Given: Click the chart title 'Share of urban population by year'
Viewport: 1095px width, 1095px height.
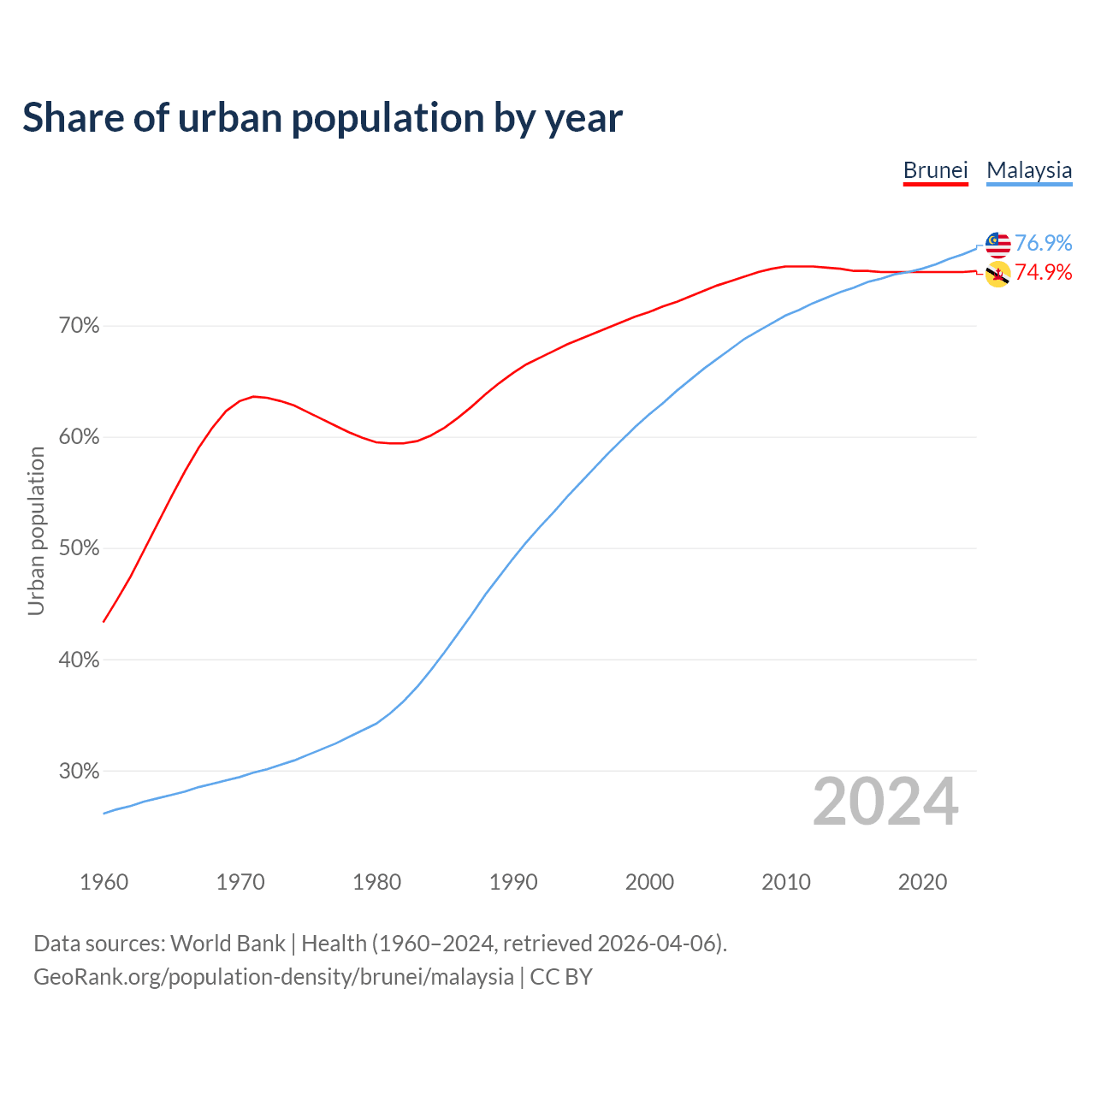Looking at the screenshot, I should click(x=323, y=118).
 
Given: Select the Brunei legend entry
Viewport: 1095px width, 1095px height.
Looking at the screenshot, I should click(x=935, y=170).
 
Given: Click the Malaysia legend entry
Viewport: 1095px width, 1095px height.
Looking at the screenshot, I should click(x=1029, y=170).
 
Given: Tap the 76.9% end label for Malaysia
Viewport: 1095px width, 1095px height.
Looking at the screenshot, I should click(x=1043, y=243).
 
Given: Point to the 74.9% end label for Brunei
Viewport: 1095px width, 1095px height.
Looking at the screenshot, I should click(x=1043, y=272).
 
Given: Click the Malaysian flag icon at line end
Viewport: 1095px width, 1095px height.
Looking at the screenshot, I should click(x=997, y=244).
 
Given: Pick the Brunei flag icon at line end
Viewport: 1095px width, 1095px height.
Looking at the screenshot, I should click(x=997, y=275).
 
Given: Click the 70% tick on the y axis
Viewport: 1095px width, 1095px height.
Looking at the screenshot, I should click(x=80, y=326).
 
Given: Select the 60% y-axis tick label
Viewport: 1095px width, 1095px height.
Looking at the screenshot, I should click(x=80, y=437).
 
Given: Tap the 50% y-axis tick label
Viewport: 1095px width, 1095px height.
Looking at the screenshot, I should click(x=80, y=548).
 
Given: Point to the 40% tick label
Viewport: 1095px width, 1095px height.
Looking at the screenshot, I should click(x=80, y=660).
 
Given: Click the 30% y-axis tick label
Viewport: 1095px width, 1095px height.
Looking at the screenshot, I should click(x=80, y=771).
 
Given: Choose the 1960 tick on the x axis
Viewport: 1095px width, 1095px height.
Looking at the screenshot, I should click(x=104, y=882).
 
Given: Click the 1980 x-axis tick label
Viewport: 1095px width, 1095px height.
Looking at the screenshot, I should click(x=377, y=882).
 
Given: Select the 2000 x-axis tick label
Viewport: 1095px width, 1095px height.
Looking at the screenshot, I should click(x=650, y=882).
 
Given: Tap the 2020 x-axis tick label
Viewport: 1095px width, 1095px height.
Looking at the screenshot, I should click(x=922, y=882).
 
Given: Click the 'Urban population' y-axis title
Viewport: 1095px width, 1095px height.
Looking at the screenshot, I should click(x=36, y=530).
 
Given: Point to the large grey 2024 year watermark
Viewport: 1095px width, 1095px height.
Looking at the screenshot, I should click(x=885, y=802).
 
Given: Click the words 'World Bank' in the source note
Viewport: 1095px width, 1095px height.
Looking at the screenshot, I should click(x=228, y=944).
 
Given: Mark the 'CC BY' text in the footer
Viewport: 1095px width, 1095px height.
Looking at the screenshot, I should click(x=561, y=977).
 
